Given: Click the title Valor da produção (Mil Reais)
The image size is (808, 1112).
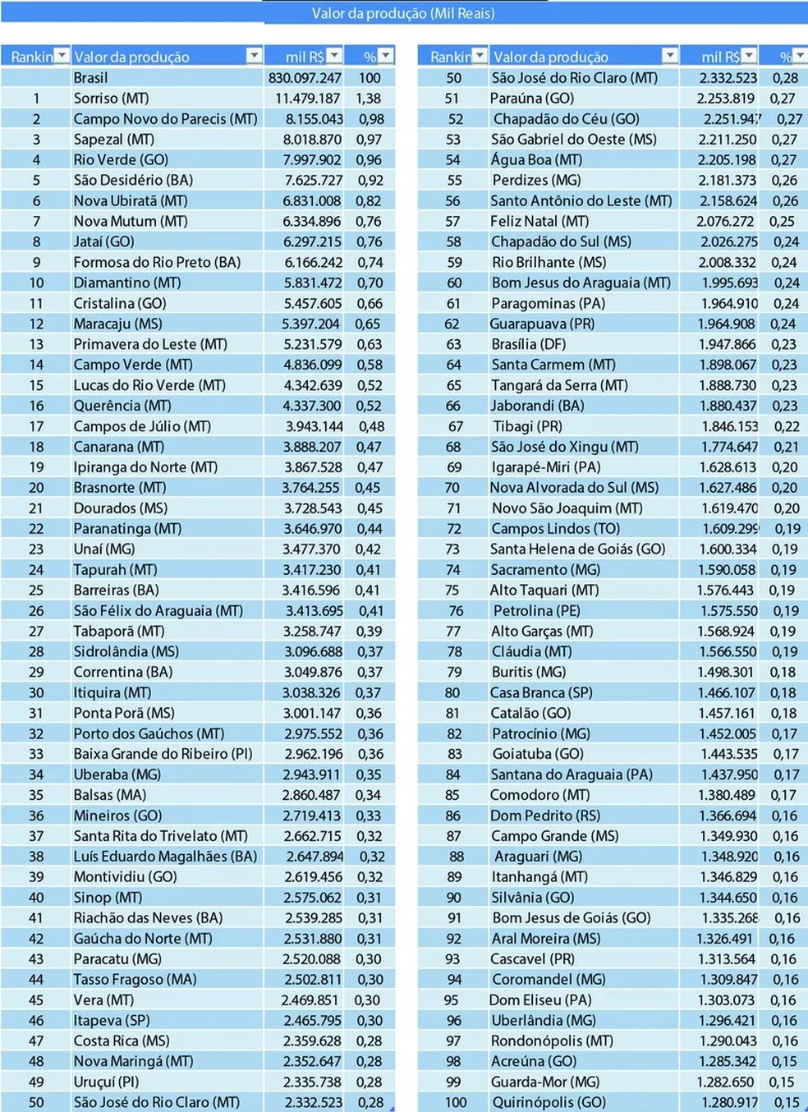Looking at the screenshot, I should (x=402, y=13).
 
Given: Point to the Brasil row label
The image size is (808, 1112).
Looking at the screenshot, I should (x=90, y=77).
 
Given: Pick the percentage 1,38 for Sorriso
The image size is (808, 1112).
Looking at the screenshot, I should (x=368, y=98).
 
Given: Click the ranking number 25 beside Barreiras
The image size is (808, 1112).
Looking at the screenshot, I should (x=36, y=590).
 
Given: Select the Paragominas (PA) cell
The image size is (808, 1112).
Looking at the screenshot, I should (x=548, y=303).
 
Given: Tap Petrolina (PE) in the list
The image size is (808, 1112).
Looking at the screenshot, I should (x=536, y=610).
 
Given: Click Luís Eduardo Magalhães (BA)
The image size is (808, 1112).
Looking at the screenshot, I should (x=165, y=856).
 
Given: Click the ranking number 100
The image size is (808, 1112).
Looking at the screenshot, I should (x=455, y=1102).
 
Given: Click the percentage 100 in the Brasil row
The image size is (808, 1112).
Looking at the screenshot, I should (x=370, y=77).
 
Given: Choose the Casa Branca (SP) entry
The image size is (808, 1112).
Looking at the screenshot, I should (x=541, y=692).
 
